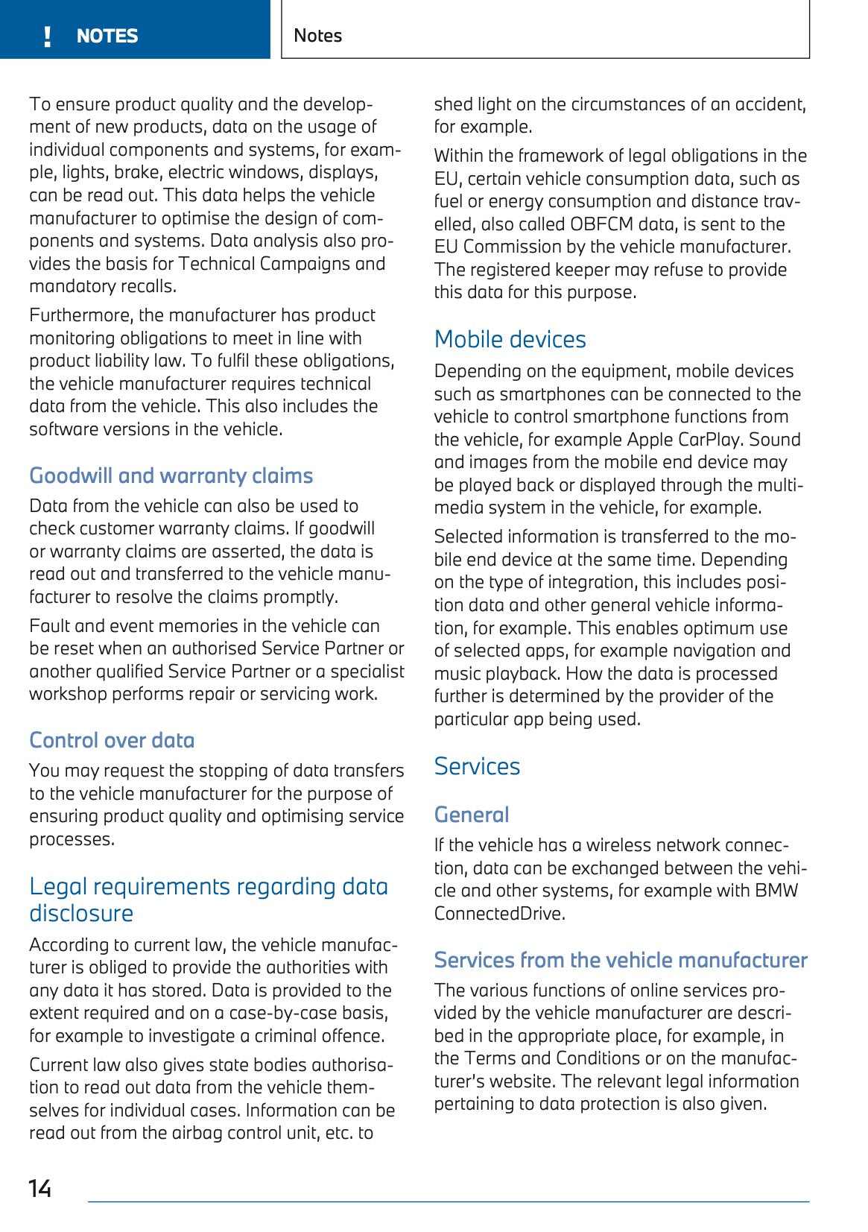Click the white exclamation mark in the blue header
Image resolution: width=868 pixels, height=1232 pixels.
(48, 37)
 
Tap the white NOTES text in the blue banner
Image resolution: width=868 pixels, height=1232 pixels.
(107, 37)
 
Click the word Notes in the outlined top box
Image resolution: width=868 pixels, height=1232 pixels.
(318, 36)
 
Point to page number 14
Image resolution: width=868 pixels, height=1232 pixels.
(40, 1188)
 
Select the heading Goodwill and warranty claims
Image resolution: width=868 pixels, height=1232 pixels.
(171, 476)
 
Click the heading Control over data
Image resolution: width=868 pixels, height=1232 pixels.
(112, 740)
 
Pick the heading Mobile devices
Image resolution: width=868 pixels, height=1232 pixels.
(510, 340)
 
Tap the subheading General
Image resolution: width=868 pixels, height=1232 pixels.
(472, 815)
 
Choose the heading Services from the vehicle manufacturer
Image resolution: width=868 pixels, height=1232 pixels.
(621, 960)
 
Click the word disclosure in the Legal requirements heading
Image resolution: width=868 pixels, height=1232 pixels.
(81, 914)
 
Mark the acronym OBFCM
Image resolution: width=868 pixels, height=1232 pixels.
(603, 224)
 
